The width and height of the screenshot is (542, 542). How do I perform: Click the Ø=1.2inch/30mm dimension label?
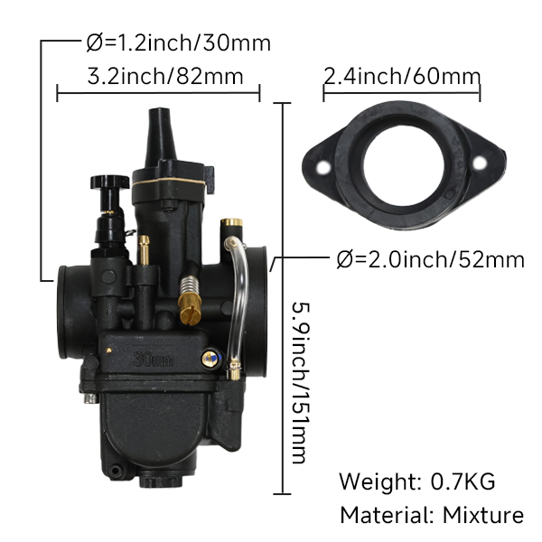coord(178,42)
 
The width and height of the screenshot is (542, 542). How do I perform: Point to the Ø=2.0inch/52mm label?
coord(430,260)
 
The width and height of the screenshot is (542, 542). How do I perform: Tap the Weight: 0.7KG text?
coord(417,481)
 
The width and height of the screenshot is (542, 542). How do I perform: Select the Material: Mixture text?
coord(431,516)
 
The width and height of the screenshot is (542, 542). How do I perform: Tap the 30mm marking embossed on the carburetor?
coord(153,359)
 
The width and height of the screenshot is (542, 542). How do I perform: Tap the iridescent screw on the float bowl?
coord(209,360)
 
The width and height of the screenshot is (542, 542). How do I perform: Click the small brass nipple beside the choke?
coord(143,249)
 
